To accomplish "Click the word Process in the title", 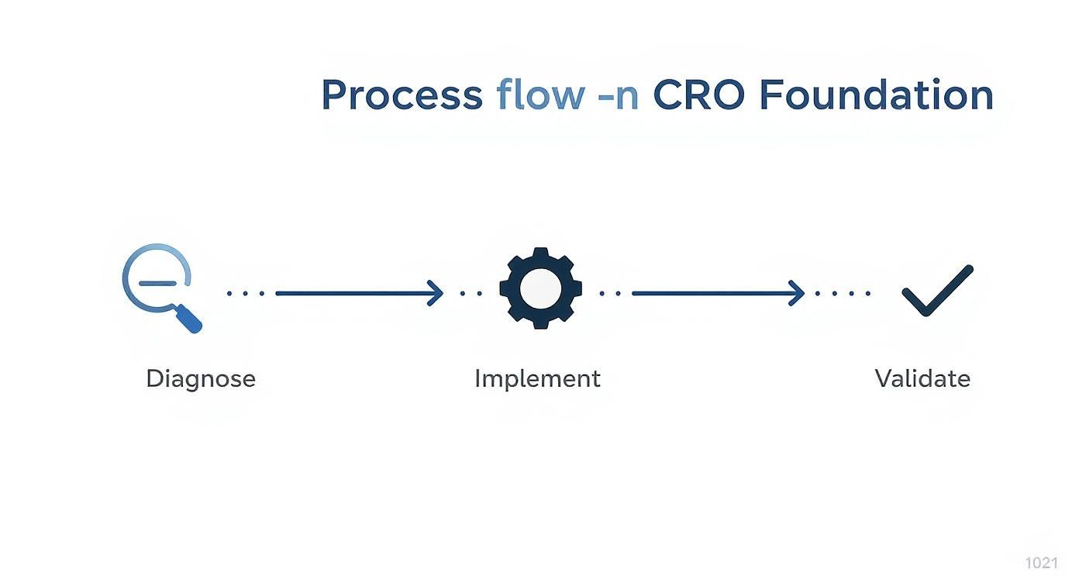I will coord(402,95).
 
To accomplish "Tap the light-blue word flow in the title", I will coord(540,95).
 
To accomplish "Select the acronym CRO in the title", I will coord(699,95).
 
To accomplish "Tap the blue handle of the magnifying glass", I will coord(189,319).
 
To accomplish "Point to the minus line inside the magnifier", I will coord(157,282).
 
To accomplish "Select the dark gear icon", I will coord(540,288).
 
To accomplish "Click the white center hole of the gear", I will coord(540,288).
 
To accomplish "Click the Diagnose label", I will coord(200,379).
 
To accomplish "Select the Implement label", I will coord(537,379).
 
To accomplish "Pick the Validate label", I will coord(922,379).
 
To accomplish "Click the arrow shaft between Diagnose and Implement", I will coord(353,293).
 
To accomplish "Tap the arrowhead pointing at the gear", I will coord(436,293).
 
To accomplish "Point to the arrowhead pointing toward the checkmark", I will coord(798,293).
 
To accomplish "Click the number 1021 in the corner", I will coord(1041,563).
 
